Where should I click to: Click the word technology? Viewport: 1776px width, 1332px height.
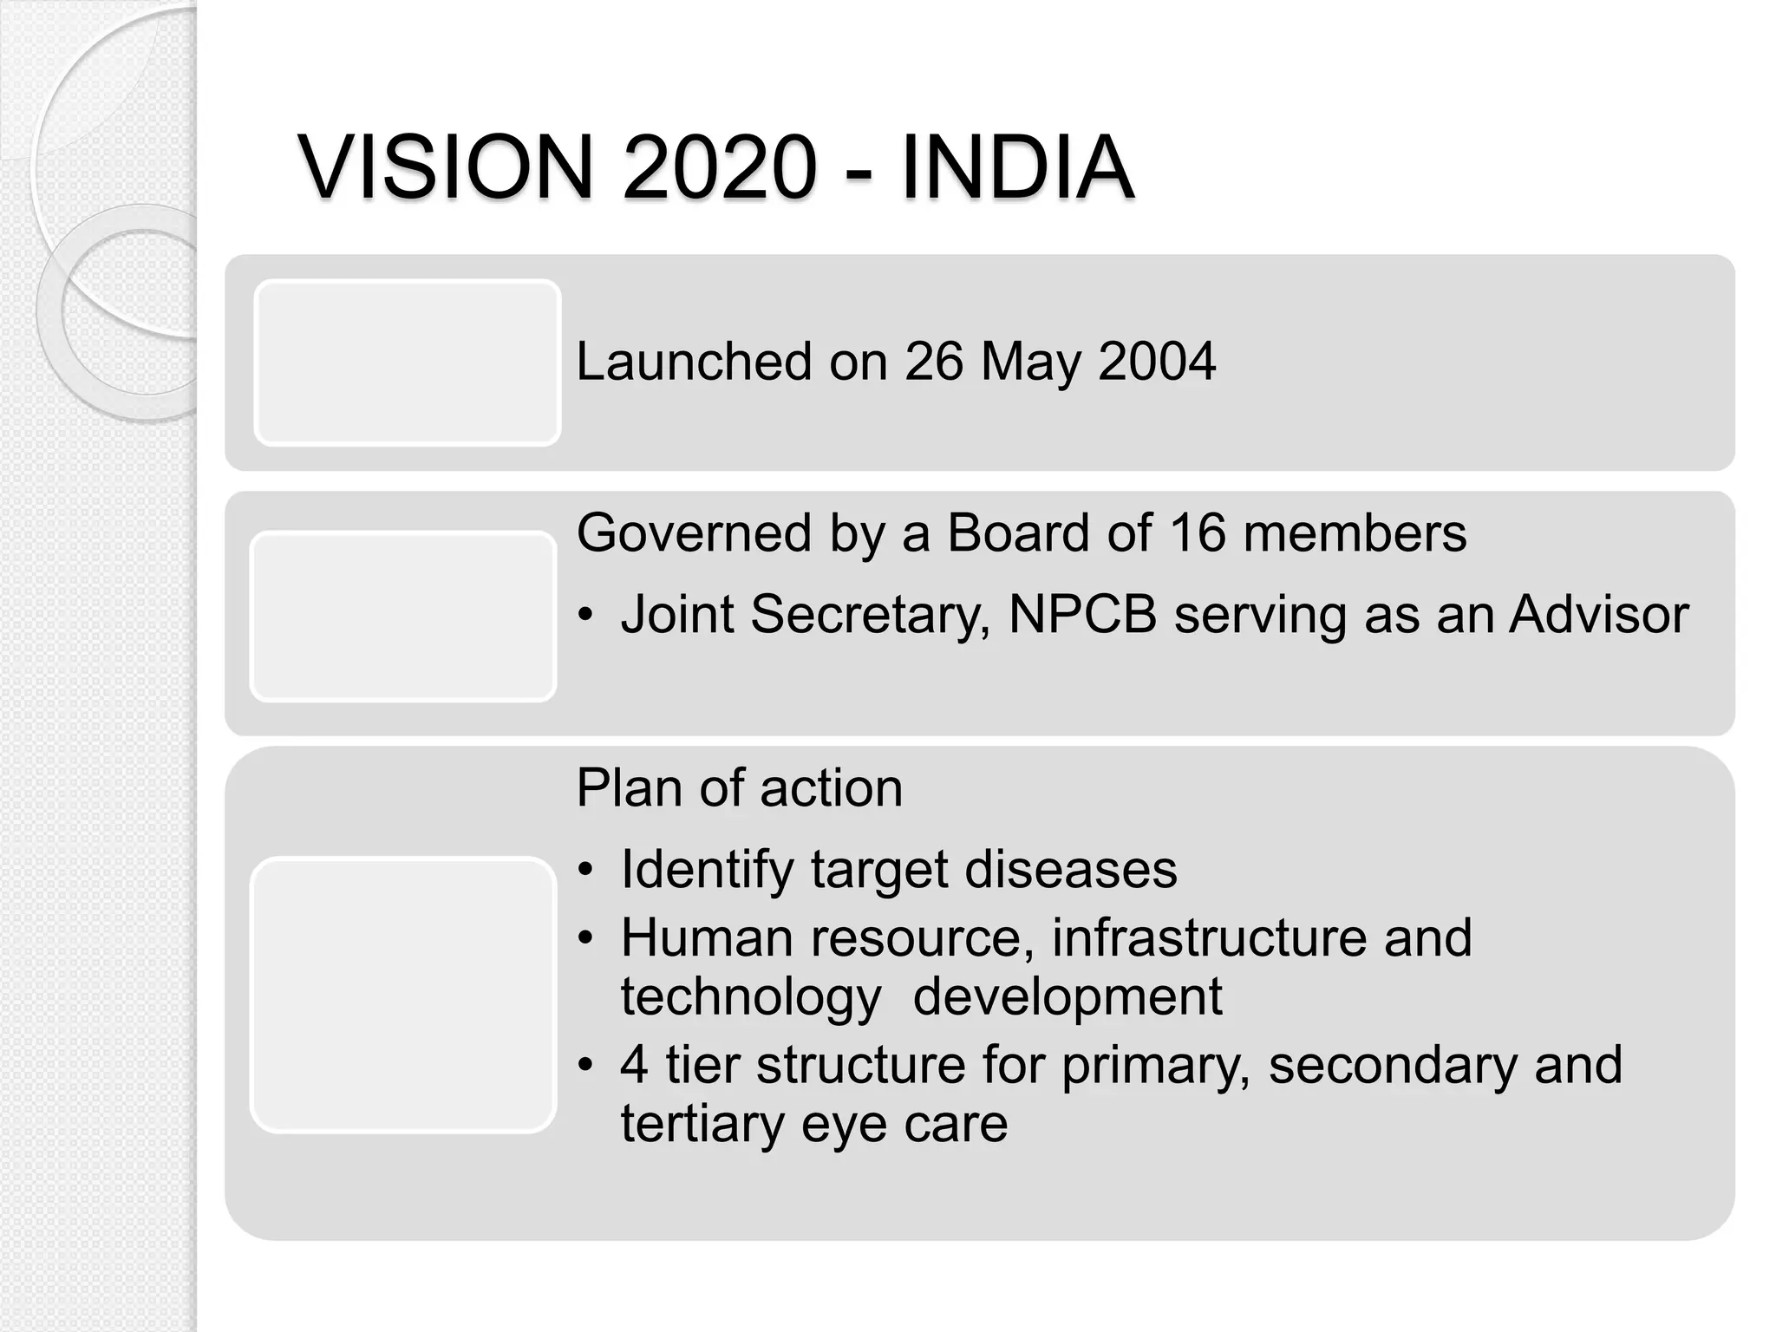click(751, 997)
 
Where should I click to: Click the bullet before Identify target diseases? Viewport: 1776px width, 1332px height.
click(587, 870)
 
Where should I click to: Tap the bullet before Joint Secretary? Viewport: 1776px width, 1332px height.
click(587, 615)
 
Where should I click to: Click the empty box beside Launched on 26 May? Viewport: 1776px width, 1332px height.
click(407, 362)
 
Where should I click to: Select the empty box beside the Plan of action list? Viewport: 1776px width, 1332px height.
click(402, 994)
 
